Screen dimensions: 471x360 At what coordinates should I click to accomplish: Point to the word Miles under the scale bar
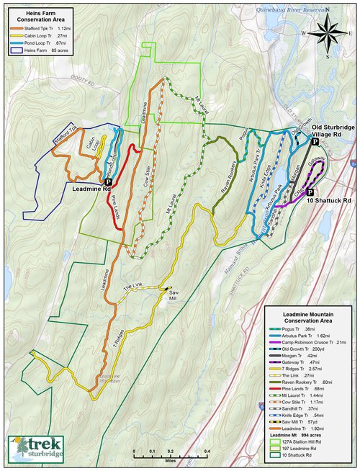[170, 458]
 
